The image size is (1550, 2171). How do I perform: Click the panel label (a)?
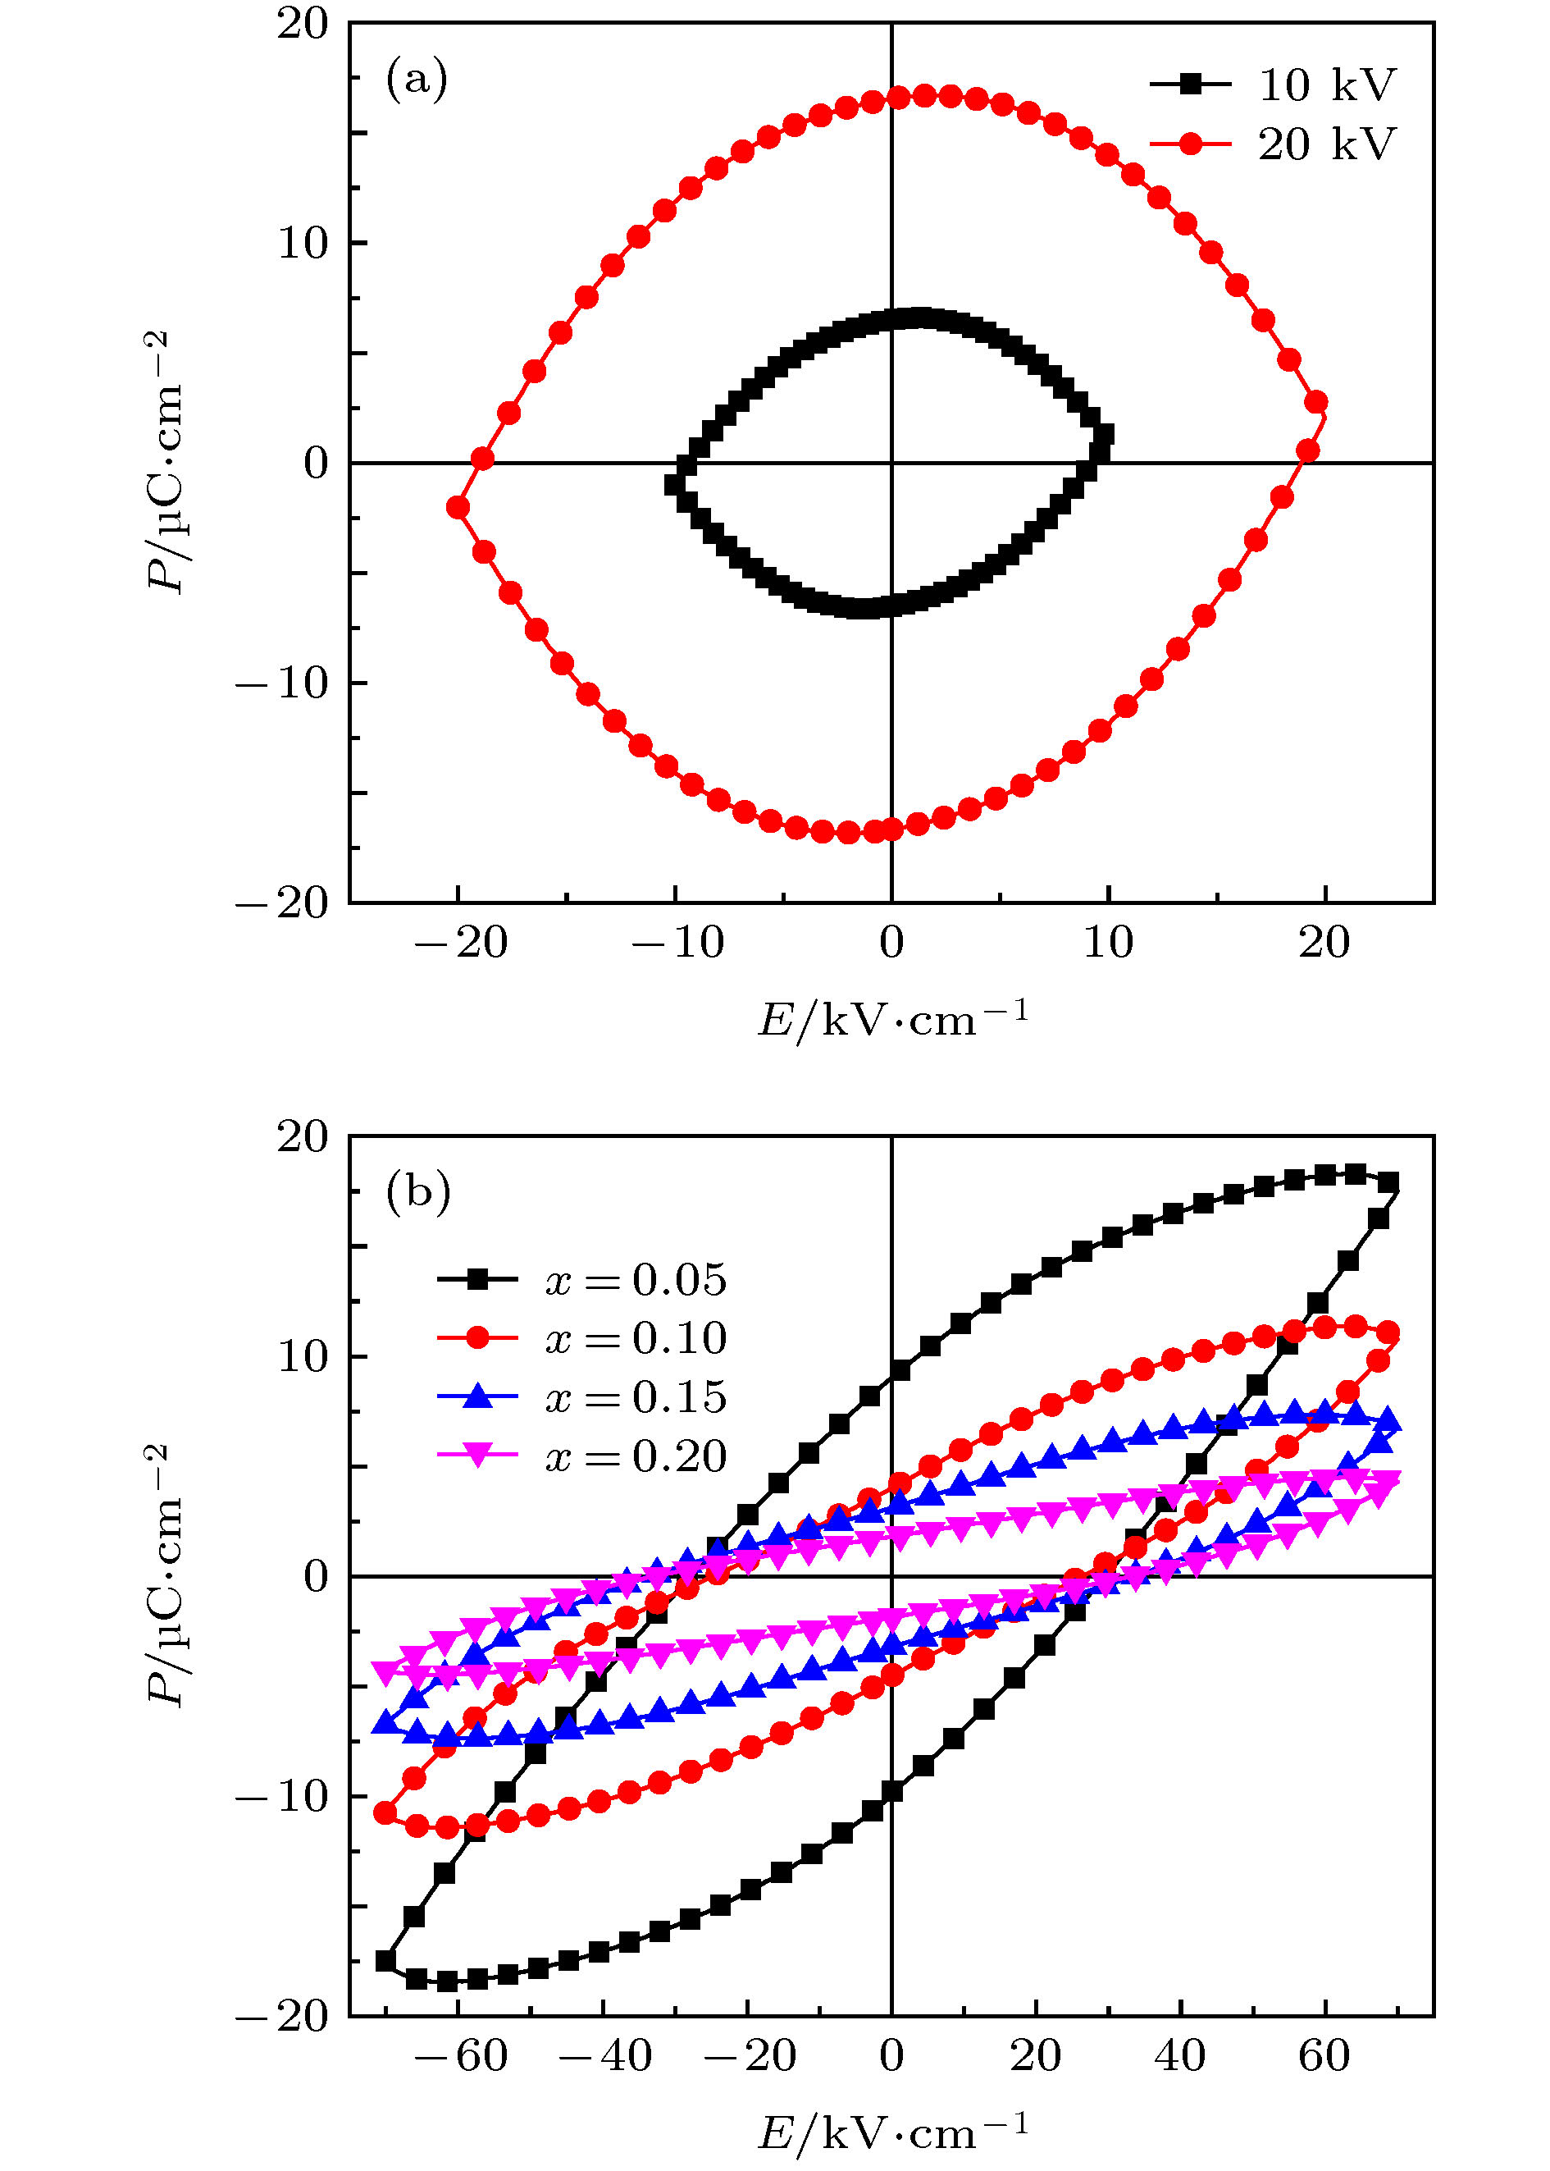point(416,78)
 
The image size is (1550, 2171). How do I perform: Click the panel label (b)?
point(417,1191)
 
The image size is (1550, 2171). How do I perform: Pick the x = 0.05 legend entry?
point(582,1279)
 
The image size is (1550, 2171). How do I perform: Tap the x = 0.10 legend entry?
point(582,1337)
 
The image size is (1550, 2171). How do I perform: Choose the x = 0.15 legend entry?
point(582,1396)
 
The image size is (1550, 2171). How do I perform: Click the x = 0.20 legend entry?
point(582,1456)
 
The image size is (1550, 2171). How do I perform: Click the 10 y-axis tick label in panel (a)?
point(303,244)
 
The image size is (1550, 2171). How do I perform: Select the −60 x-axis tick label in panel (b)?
point(460,2055)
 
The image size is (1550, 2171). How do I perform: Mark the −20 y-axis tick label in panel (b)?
point(282,2015)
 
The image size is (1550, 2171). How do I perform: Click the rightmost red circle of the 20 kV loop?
point(1316,402)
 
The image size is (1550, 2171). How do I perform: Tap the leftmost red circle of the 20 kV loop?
point(458,507)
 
